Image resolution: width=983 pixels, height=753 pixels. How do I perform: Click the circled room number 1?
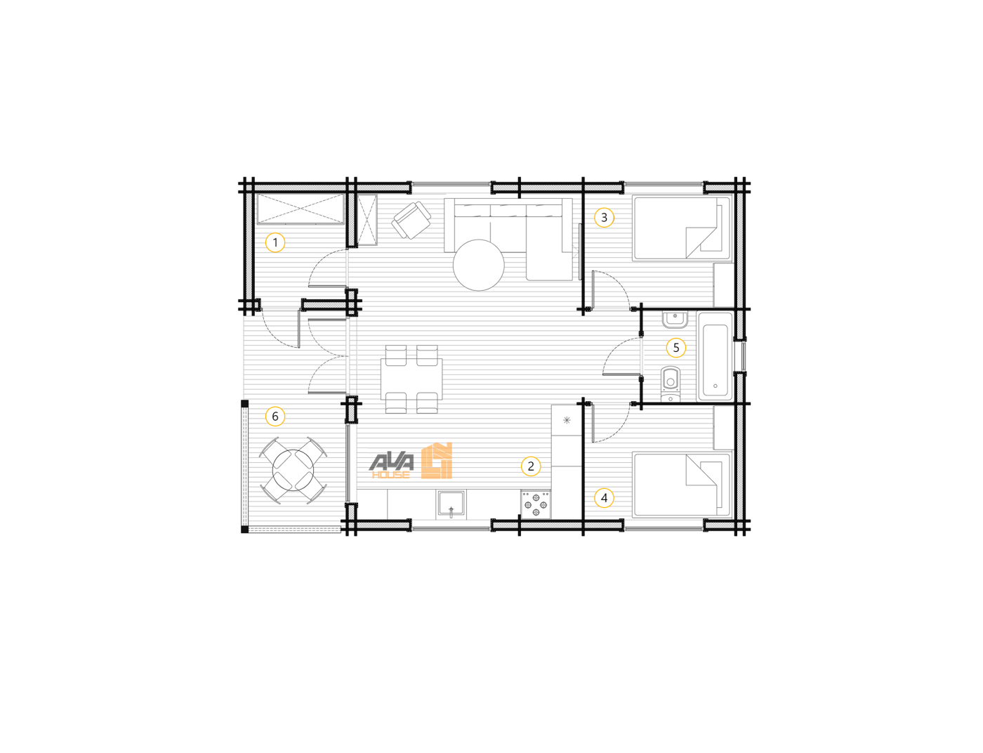275,242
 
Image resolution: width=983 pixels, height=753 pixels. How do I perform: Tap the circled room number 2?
530,466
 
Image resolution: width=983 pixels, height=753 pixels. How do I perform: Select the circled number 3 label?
603,218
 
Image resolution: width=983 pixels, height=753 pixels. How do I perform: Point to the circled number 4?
603,498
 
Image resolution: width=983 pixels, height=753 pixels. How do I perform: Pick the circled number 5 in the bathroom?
676,348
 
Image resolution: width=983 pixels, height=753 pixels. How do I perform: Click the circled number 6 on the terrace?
275,417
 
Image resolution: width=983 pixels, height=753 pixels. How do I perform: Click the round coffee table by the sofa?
478,265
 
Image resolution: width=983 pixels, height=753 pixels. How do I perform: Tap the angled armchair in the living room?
411,220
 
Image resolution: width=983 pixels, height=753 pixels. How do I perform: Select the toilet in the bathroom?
670,384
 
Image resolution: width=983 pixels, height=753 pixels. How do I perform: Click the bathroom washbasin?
675,319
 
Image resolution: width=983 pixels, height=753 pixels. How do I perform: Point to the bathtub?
715,356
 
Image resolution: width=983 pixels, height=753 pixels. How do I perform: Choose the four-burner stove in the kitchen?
536,504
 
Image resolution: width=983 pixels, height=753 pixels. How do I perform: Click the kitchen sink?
451,504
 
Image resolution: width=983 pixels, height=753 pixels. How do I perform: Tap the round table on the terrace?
293,470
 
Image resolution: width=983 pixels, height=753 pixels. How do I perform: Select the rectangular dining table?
411,379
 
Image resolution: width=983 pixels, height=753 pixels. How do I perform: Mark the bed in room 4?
681,485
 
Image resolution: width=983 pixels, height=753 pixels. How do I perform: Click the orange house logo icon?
437,461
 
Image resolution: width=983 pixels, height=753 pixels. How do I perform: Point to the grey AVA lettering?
392,462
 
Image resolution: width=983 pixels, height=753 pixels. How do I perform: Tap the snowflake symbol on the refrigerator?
567,420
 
